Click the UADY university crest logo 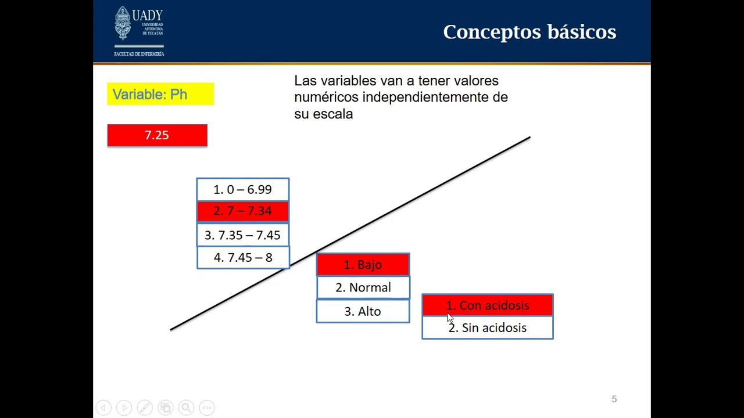tap(123, 23)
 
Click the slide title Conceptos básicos tap(529, 32)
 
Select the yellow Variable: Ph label tap(160, 94)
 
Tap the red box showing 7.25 tap(157, 135)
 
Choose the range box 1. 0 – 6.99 tap(242, 189)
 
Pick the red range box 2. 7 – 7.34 tap(242, 211)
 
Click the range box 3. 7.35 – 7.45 tap(242, 235)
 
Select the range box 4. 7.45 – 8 tap(242, 258)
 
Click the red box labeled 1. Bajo tap(363, 265)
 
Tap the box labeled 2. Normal tap(363, 287)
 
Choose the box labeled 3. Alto tap(363, 311)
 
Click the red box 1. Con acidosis tap(487, 305)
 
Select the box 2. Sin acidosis tap(487, 328)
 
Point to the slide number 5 tap(614, 399)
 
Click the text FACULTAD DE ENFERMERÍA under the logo tap(139, 54)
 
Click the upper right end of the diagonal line tap(529, 138)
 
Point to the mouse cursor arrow tap(450, 318)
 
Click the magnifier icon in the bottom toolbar tap(186, 408)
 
